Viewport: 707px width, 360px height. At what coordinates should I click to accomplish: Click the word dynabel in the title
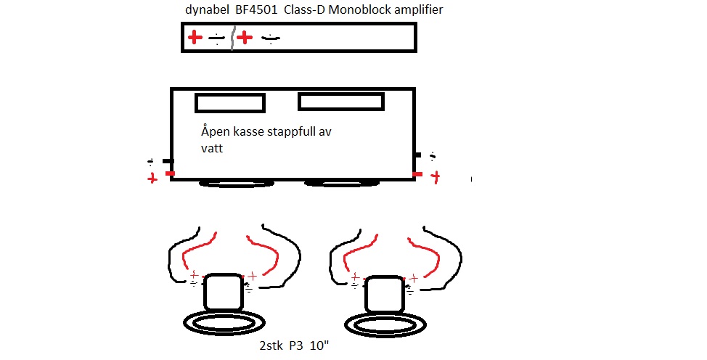click(208, 10)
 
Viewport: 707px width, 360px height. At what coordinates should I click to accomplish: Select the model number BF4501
click(256, 9)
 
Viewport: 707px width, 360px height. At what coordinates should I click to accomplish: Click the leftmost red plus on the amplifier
click(195, 37)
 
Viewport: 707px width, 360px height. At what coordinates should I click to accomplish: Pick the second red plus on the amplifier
click(245, 38)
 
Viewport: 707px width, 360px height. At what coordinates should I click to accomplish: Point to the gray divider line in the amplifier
click(233, 38)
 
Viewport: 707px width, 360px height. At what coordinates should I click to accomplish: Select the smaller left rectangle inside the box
click(230, 103)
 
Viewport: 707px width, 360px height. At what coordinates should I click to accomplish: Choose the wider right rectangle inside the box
click(341, 102)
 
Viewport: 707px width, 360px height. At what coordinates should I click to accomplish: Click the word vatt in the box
click(212, 148)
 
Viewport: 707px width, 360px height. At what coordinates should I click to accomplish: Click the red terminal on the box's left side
click(170, 173)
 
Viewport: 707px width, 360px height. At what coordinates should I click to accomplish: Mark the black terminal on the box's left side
click(168, 161)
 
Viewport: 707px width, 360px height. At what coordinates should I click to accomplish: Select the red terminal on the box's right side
click(417, 174)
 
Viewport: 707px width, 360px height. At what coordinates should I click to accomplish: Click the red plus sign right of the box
click(435, 177)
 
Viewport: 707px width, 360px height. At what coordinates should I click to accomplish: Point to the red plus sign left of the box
click(152, 179)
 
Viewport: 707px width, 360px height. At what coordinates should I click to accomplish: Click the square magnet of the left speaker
click(224, 292)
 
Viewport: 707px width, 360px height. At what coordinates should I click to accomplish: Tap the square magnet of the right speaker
click(384, 294)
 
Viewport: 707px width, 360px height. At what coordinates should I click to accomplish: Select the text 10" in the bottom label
click(319, 345)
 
